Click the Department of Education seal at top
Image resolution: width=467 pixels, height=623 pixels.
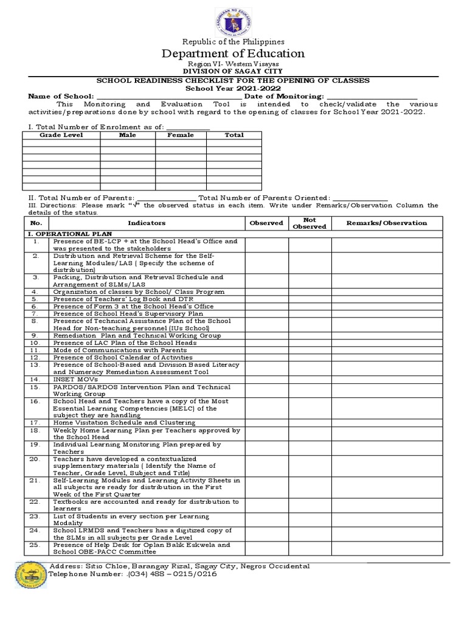point(233,19)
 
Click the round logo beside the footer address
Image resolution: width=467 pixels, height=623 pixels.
point(30,582)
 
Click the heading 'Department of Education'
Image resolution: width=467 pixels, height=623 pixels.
point(233,54)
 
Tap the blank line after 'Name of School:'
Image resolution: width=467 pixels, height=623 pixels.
point(168,96)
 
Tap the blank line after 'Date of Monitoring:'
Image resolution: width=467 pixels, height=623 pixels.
point(372,96)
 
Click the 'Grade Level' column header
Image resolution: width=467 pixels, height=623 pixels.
point(61,135)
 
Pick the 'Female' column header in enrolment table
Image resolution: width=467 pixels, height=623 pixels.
point(181,135)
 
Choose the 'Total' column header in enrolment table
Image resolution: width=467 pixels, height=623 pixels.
point(234,135)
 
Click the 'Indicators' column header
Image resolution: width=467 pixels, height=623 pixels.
point(147,223)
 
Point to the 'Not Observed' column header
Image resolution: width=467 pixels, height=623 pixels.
point(310,223)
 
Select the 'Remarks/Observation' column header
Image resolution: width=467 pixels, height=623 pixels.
point(387,223)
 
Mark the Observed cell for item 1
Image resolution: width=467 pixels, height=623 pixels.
point(266,245)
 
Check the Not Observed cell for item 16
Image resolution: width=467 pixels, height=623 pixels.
point(310,408)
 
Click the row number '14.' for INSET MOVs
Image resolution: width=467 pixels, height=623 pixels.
point(36,378)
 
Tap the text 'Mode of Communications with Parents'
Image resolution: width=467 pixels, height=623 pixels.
point(120,350)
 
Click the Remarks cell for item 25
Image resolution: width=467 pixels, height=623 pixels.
point(387,548)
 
